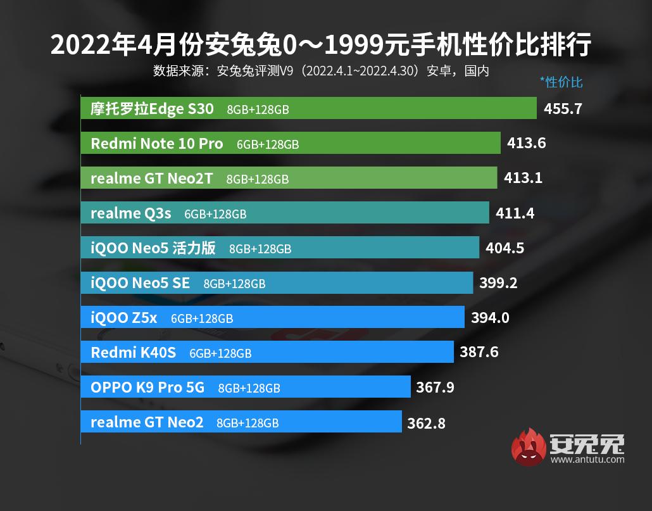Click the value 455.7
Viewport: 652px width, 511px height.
(x=563, y=109)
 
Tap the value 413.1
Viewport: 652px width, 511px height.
(x=523, y=178)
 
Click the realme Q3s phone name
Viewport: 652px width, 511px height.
(x=131, y=213)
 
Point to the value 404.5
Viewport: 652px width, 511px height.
(x=505, y=248)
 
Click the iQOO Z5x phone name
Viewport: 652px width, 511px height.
(x=123, y=318)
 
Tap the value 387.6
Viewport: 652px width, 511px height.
(x=479, y=352)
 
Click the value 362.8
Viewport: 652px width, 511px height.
(x=426, y=422)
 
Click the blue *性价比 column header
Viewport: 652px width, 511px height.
(x=561, y=82)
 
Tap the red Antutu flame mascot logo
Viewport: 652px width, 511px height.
(x=530, y=448)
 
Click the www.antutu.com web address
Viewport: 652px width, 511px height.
(x=587, y=460)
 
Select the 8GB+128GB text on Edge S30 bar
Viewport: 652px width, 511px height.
(x=258, y=110)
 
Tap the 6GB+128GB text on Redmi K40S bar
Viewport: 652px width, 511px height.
(x=220, y=353)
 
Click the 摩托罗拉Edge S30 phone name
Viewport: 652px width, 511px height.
(x=152, y=109)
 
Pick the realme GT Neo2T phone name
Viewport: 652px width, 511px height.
(x=151, y=179)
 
